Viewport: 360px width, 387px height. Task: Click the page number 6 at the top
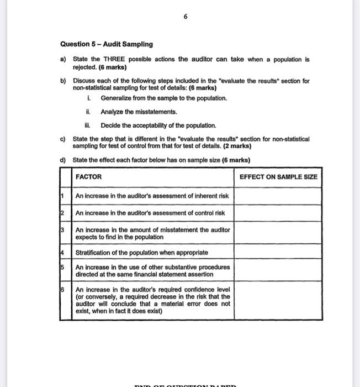point(186,17)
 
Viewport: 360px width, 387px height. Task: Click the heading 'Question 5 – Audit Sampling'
point(106,44)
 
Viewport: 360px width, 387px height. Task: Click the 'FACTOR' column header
point(88,177)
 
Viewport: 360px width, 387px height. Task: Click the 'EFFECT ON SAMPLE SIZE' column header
point(278,177)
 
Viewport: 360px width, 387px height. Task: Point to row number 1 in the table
point(64,195)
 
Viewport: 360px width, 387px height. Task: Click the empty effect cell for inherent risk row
point(278,196)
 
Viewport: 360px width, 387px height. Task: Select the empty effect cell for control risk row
point(278,213)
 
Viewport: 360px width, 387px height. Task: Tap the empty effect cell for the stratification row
point(278,253)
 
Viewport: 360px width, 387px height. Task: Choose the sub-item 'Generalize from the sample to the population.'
point(163,98)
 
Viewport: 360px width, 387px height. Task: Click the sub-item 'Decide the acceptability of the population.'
point(158,125)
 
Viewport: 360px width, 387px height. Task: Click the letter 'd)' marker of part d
point(63,160)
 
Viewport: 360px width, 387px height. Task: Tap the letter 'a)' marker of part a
point(63,59)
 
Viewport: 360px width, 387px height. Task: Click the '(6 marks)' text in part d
point(236,160)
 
